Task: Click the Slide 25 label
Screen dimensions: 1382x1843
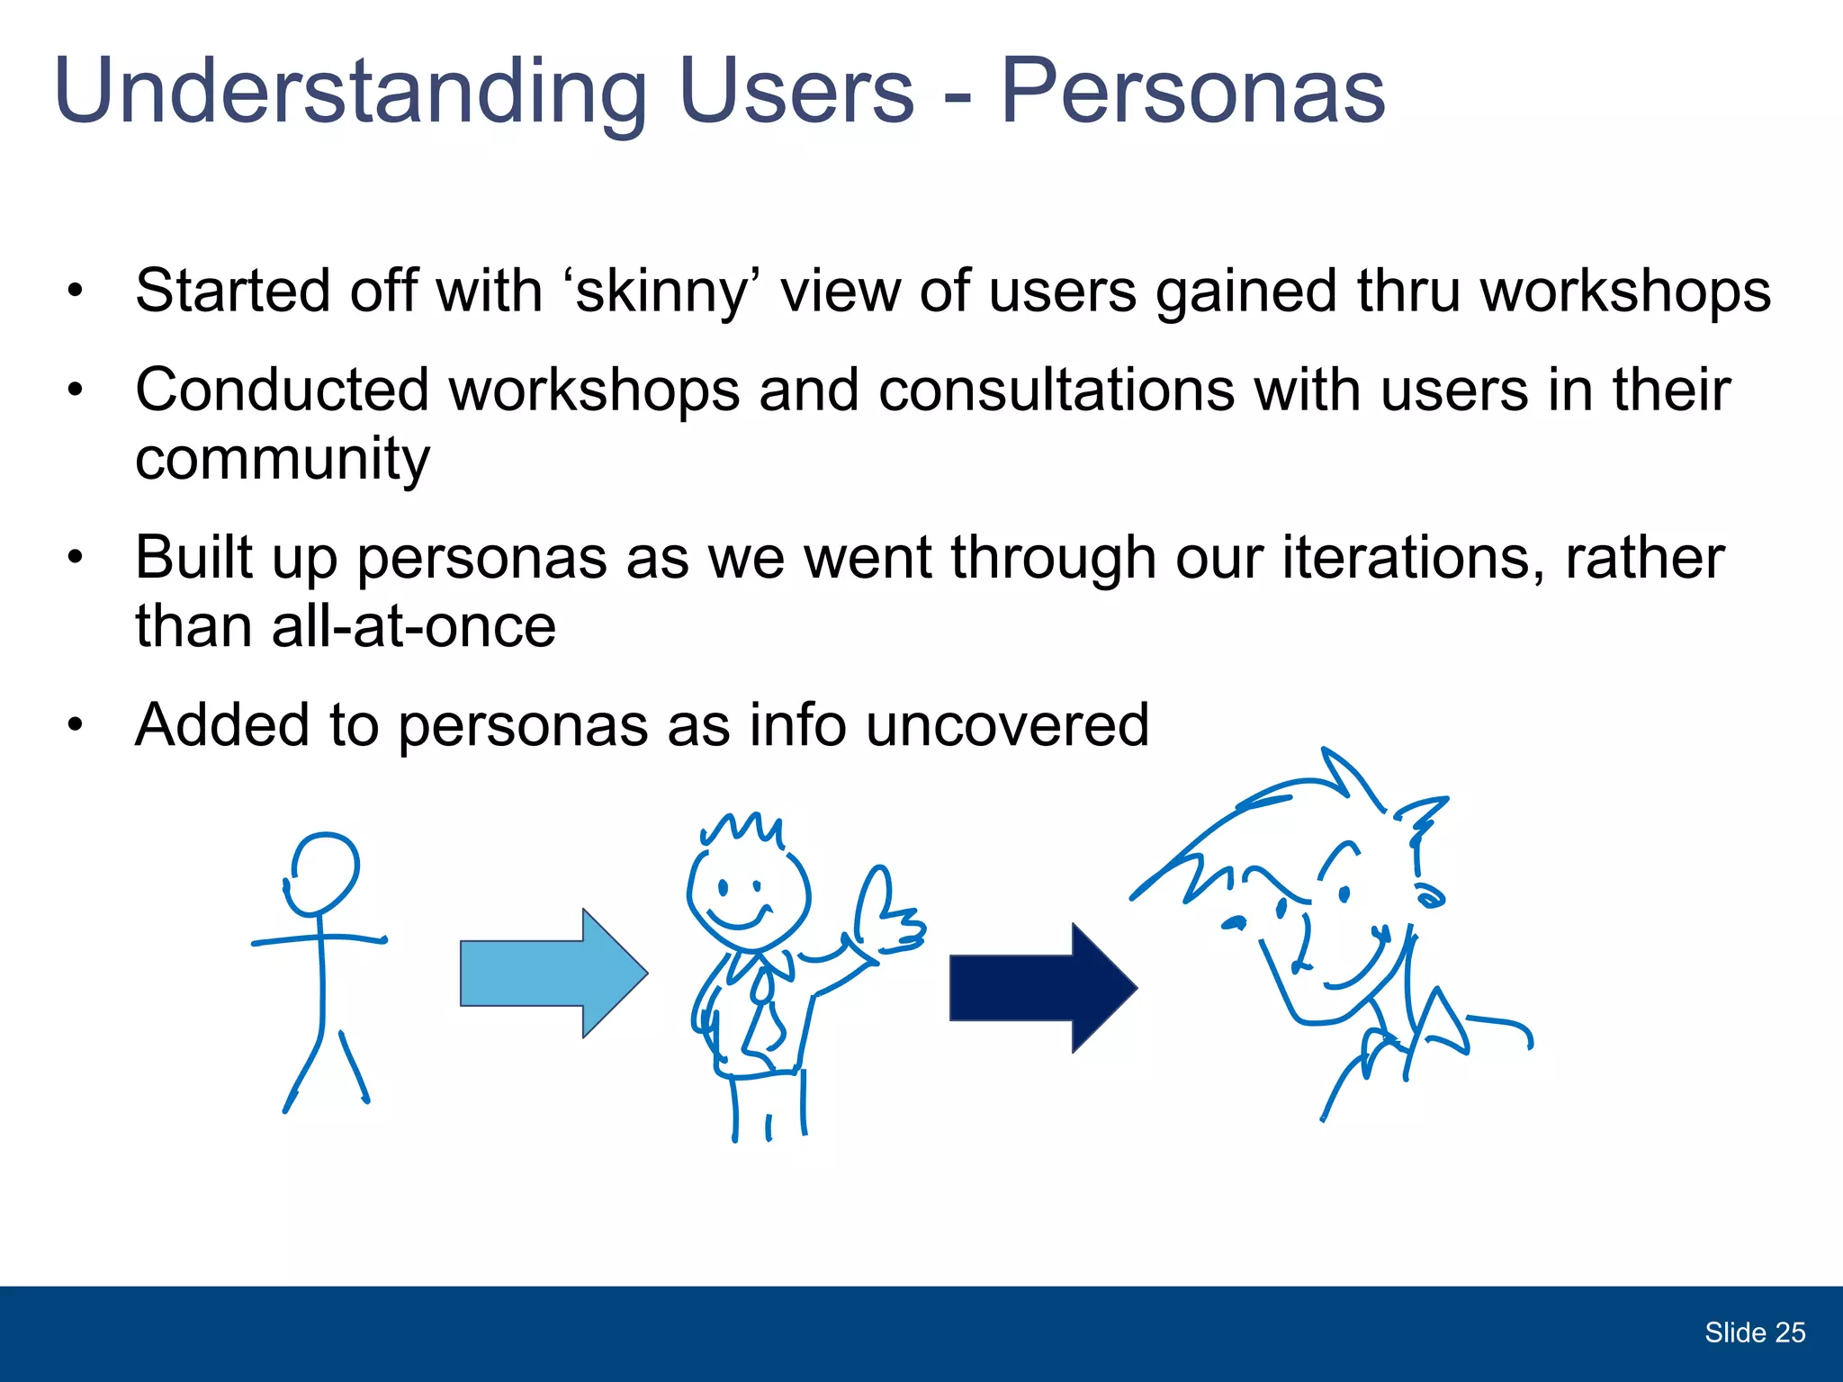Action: click(1754, 1333)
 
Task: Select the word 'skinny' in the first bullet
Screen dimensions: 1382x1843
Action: click(661, 292)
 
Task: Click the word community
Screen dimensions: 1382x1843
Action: click(283, 458)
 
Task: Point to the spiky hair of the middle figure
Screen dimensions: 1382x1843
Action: click(742, 828)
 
